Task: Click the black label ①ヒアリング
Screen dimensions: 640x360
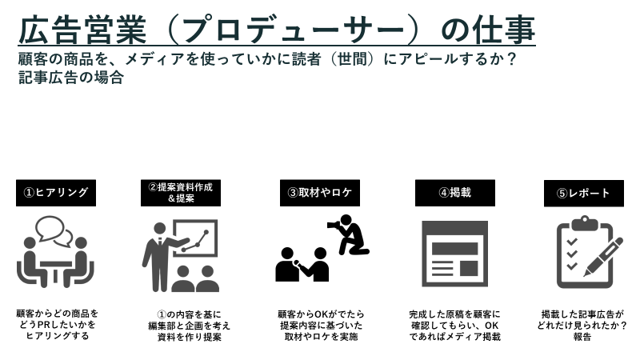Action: [56, 193]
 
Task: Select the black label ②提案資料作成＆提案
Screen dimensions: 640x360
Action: [181, 193]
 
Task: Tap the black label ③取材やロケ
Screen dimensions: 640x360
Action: [320, 193]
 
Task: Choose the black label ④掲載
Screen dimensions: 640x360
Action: [455, 193]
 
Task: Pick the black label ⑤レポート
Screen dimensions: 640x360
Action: [584, 193]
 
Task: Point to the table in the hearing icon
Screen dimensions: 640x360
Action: [55, 270]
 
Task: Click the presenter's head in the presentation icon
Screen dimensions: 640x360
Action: [160, 229]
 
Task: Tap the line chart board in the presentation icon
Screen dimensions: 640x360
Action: [195, 238]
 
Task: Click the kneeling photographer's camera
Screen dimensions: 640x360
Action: [334, 225]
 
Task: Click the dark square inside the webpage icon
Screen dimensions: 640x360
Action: [469, 269]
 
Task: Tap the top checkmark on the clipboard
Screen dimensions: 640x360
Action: [572, 242]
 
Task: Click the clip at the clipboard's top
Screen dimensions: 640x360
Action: [585, 223]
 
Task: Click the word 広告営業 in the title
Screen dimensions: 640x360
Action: [82, 30]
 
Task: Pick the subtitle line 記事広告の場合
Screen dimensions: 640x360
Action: [71, 78]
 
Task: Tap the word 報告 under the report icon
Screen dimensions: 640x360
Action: [582, 337]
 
